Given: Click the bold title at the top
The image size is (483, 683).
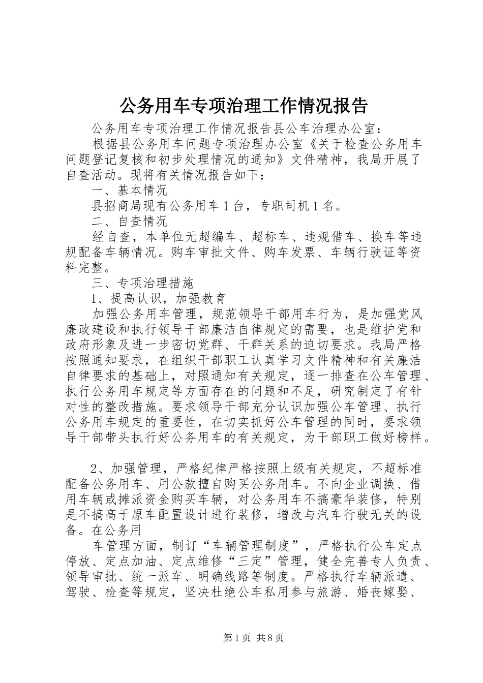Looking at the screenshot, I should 243,105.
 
